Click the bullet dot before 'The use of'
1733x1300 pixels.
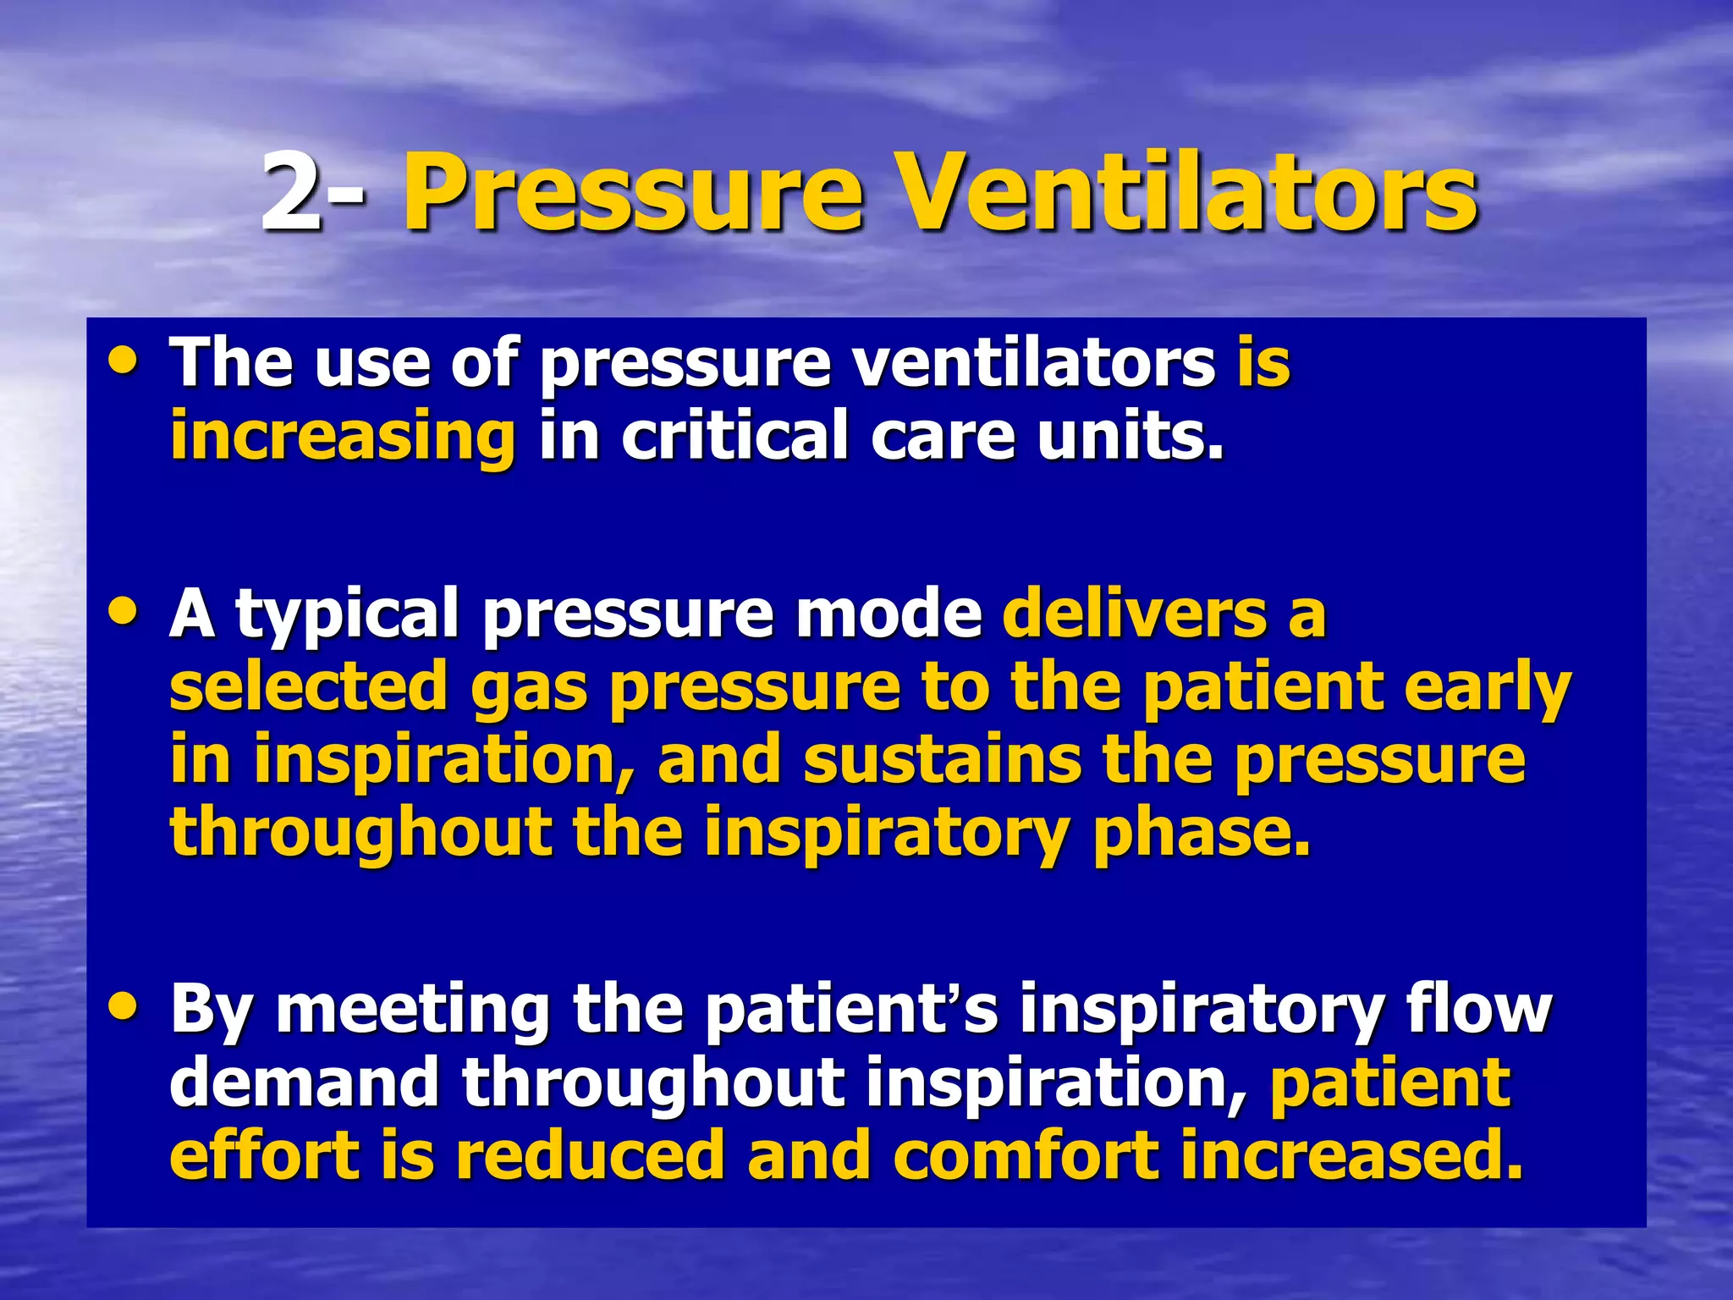pos(124,361)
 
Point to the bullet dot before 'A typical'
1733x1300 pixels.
pos(124,611)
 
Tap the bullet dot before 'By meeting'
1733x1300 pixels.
pos(124,1005)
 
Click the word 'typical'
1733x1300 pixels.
pos(348,616)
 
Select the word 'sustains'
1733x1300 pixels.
pos(942,759)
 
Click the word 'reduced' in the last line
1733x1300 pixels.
pos(591,1155)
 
